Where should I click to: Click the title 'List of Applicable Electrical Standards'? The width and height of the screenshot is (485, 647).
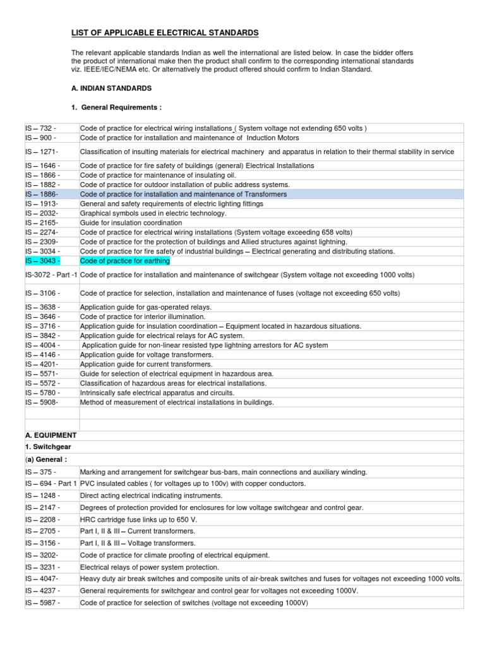pyautogui.click(x=164, y=33)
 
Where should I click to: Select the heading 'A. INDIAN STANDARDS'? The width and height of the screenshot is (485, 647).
pyautogui.click(x=111, y=88)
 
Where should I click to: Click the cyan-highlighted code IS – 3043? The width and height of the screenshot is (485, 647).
pyautogui.click(x=43, y=261)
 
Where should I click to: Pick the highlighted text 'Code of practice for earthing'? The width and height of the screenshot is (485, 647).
pyautogui.click(x=125, y=261)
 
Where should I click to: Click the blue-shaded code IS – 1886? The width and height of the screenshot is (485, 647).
pyautogui.click(x=42, y=194)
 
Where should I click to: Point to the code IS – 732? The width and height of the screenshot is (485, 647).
pyautogui.click(x=40, y=128)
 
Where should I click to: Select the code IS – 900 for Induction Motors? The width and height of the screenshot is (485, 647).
pyautogui.click(x=40, y=138)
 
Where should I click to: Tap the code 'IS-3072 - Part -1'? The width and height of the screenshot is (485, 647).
pyautogui.click(x=51, y=275)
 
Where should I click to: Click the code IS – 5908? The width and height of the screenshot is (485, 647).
pyautogui.click(x=42, y=402)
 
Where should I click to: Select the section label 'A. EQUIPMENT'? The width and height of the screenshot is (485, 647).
pyautogui.click(x=51, y=435)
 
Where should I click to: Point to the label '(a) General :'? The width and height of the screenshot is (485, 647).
pyautogui.click(x=46, y=459)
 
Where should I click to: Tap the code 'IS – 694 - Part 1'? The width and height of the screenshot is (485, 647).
pyautogui.click(x=51, y=483)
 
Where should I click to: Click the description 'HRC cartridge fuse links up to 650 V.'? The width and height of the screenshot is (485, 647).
pyautogui.click(x=138, y=519)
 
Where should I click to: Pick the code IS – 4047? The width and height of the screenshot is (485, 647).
pyautogui.click(x=42, y=579)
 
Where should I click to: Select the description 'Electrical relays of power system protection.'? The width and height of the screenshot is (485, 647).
pyautogui.click(x=150, y=567)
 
